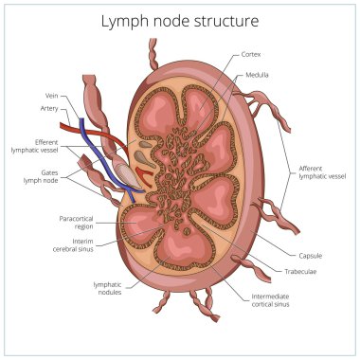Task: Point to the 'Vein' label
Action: tap(51, 96)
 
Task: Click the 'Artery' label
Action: tap(49, 109)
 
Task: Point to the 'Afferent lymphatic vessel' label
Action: tap(316, 172)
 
